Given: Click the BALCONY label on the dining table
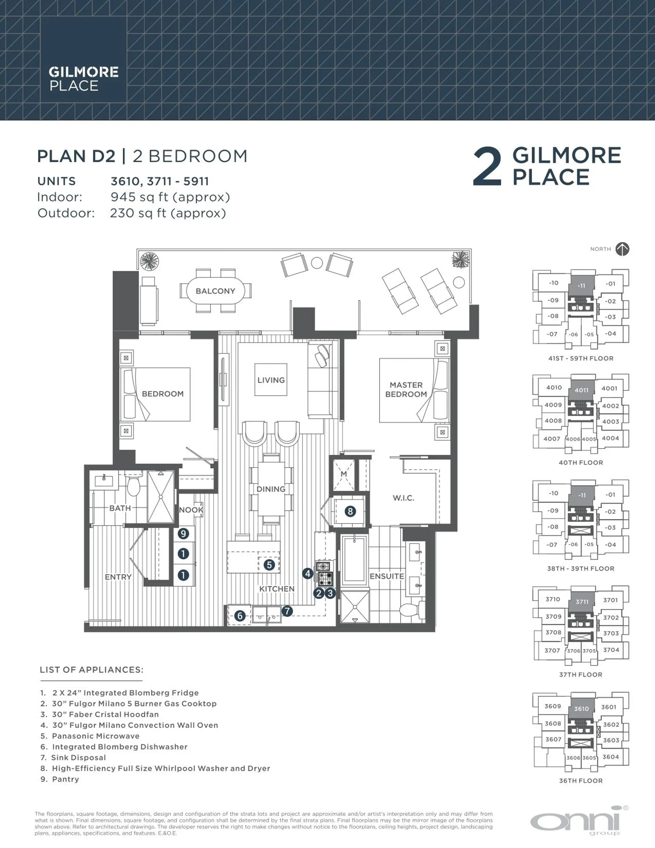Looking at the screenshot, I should (x=215, y=291).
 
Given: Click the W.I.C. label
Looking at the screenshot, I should (x=404, y=498).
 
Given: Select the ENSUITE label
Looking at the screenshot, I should (x=387, y=576).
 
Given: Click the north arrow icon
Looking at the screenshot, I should (x=622, y=249).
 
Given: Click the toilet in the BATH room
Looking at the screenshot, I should (x=134, y=486).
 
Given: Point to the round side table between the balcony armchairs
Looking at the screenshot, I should (x=317, y=263).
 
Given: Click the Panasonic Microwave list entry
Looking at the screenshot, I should (x=96, y=736).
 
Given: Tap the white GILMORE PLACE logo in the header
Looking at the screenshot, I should (x=83, y=79).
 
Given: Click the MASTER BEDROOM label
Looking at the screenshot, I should (x=406, y=389).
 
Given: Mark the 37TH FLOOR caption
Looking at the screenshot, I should (x=580, y=674).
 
